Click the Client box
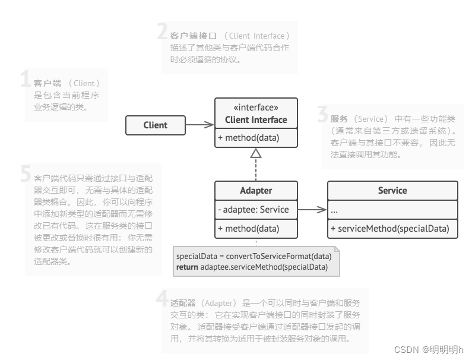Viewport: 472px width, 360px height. coord(155,125)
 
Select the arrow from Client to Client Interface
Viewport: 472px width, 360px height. coord(199,125)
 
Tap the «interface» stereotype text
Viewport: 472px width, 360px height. coord(256,108)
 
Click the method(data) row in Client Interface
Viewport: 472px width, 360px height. coord(256,138)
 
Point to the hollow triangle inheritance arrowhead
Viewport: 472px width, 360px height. coord(256,153)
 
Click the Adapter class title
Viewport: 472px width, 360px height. coord(256,191)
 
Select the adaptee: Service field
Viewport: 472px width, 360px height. coord(256,209)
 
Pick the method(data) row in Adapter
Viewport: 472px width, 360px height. coord(256,228)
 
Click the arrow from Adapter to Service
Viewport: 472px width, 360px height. coord(312,209)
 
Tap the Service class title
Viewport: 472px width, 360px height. coord(392,191)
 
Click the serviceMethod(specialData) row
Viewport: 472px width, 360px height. coord(392,228)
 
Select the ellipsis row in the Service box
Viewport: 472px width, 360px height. coord(335,210)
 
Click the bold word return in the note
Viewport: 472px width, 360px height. coord(188,267)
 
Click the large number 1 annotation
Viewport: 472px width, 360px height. coord(25,80)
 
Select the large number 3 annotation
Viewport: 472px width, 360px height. coord(322,115)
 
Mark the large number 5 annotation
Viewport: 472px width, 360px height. coord(25,174)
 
